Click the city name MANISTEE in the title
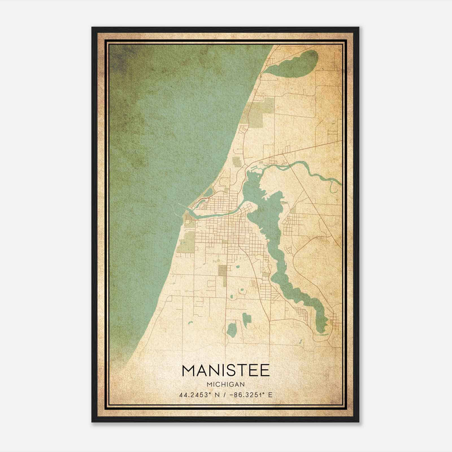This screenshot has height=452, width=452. (226, 371)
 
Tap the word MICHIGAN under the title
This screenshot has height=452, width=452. (226, 384)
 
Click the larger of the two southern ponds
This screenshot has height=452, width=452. (232, 329)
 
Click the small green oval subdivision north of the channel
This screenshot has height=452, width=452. (236, 161)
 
